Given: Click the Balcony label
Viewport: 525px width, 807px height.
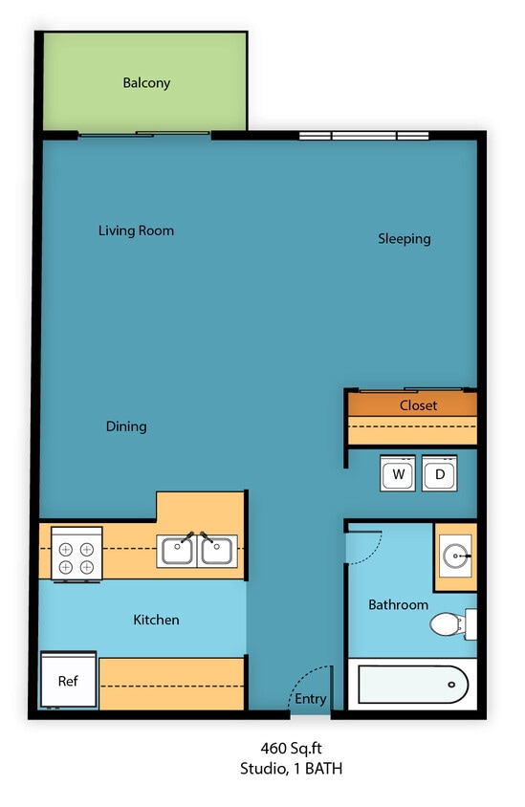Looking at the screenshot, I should tap(146, 83).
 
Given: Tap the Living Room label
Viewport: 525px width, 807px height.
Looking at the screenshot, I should tap(136, 230).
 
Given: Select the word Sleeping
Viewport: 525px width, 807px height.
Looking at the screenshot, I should tap(404, 239).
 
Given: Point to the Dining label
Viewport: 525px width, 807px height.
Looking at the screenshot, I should tap(126, 426).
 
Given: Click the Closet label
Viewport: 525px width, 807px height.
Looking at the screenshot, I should tap(418, 405).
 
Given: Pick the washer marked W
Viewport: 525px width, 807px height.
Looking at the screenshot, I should tap(398, 473).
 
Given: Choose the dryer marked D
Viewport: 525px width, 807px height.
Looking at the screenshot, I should tap(440, 473).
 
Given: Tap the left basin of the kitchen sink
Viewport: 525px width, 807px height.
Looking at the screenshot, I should tap(178, 551).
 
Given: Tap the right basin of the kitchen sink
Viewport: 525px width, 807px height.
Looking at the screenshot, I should tap(217, 551).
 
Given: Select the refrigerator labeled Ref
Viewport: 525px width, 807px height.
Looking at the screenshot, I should tap(68, 681).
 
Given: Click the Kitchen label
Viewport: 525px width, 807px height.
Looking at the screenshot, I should tap(156, 621).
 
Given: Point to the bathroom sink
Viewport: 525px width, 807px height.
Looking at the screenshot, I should tap(456, 555).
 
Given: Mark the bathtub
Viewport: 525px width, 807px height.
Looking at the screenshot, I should tap(412, 685).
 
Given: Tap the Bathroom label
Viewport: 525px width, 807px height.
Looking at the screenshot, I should tap(398, 605).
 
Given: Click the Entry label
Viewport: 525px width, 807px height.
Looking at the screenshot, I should tap(310, 700).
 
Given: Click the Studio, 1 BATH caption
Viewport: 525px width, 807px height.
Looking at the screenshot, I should tap(291, 768).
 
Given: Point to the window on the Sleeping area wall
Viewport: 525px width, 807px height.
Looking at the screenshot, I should tap(363, 136).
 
